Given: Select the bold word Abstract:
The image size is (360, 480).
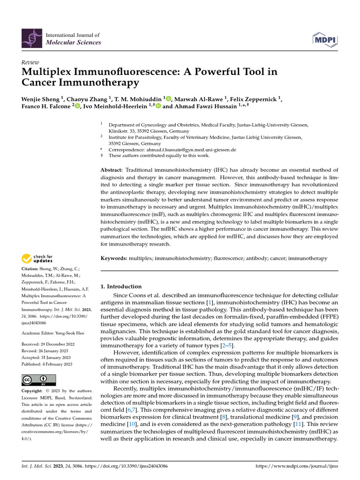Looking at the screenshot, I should point(112,170).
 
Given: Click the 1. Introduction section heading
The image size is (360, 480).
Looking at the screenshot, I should point(121,286).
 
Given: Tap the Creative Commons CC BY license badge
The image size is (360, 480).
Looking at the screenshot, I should point(39,379).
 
